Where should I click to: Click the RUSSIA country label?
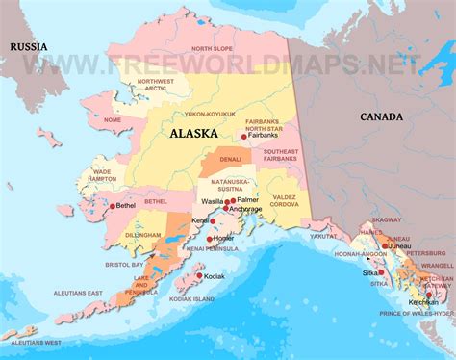point(29,45)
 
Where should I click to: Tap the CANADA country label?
point(383,116)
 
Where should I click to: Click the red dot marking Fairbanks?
point(244,138)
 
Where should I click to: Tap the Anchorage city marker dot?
point(226,208)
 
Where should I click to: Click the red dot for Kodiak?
point(199,275)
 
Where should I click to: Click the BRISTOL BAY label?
point(125,263)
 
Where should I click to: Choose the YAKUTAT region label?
point(323,234)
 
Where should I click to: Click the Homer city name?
point(224,237)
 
